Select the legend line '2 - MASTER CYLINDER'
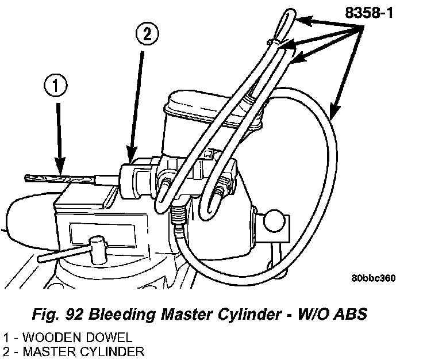click(x=72, y=351)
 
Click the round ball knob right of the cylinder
click(x=274, y=220)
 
